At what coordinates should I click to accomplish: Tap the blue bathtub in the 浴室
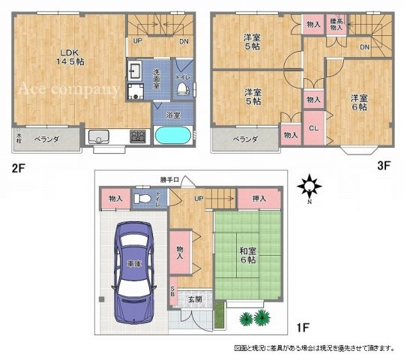point(172,137)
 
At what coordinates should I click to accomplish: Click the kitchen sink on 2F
point(99,136)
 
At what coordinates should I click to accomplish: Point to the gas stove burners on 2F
point(138,136)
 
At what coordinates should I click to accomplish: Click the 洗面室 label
point(157,77)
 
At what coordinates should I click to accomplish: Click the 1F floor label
point(304,327)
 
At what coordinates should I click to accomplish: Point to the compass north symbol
point(307,185)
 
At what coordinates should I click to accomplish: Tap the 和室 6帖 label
point(245,254)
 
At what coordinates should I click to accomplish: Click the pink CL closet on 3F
point(314,127)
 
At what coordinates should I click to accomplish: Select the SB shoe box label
point(173,292)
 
